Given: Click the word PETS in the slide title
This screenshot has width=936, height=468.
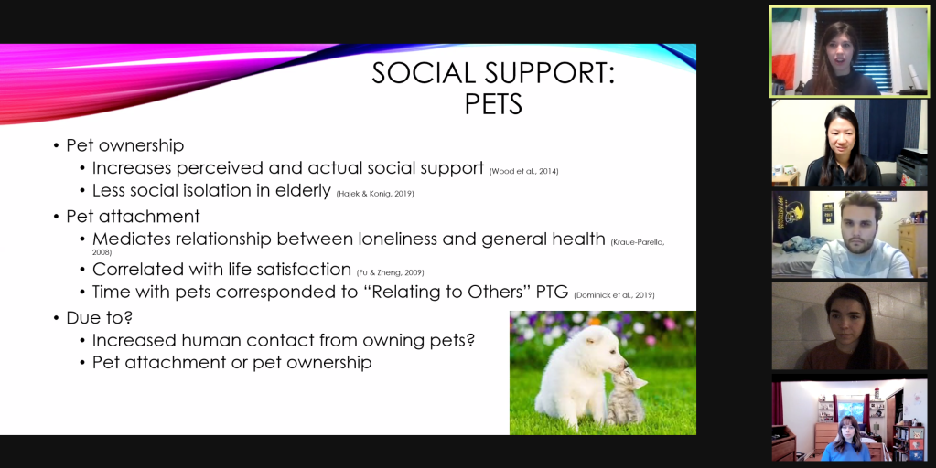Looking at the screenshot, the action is [493, 104].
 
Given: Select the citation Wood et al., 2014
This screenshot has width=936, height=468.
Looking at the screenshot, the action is [524, 171].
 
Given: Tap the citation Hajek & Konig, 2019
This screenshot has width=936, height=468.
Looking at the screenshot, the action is [375, 194].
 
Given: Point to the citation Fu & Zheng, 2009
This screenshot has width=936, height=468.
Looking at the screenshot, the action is [391, 272].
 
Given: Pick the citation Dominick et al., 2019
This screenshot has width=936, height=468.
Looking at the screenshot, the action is [614, 295].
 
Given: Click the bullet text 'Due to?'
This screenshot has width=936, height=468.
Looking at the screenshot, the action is [99, 318].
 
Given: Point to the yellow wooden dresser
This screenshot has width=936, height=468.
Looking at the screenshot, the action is [912, 249].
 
